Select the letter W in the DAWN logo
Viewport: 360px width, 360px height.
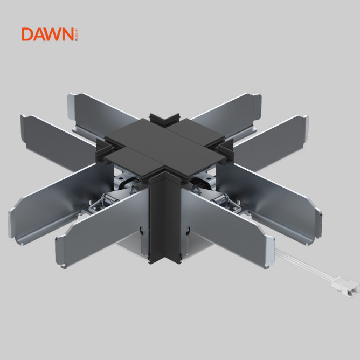point(57,34)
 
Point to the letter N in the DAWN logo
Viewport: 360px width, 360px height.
point(70,34)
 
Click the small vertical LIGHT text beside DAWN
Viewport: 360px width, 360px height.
point(77,34)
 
